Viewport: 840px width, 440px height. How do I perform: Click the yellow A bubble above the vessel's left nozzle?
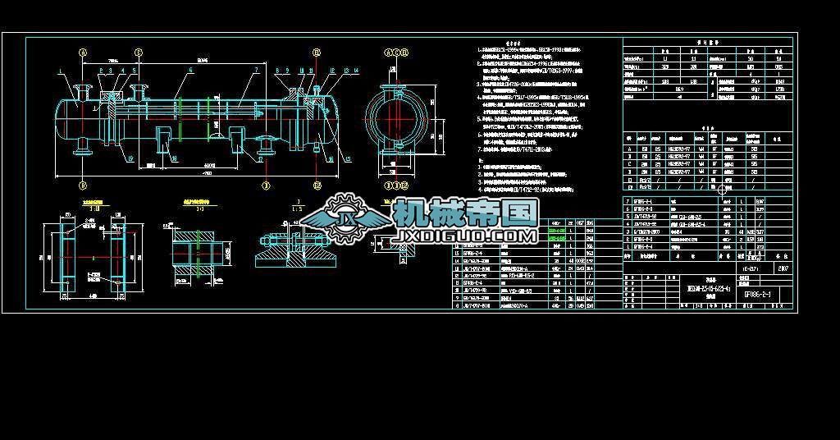pyautogui.click(x=83, y=51)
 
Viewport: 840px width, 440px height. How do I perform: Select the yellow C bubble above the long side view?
pyautogui.click(x=139, y=51)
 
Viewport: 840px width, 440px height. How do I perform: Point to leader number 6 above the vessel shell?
pyautogui.click(x=189, y=71)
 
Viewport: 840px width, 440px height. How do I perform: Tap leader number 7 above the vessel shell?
pyautogui.click(x=256, y=70)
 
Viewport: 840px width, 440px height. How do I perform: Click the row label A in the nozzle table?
pyautogui.click(x=629, y=147)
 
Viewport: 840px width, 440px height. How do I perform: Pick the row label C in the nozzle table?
pyautogui.click(x=629, y=163)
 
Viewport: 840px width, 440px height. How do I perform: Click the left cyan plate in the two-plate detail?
pyautogui.click(x=67, y=251)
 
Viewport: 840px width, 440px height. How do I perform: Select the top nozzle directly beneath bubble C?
pyautogui.click(x=138, y=89)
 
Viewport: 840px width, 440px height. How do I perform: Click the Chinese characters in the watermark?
pyautogui.click(x=464, y=213)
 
